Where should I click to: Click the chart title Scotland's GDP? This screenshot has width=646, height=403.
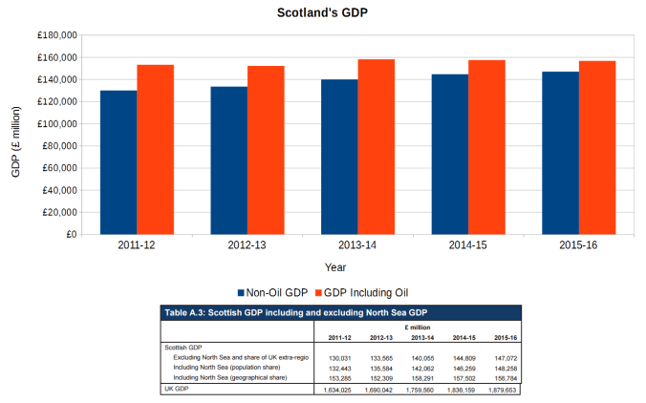point(322,13)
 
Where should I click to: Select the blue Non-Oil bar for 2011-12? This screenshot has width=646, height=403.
point(118,162)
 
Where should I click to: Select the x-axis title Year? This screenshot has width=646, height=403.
point(335,266)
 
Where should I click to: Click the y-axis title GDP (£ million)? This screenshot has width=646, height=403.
point(15,135)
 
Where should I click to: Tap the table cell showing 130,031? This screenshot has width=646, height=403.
point(339,357)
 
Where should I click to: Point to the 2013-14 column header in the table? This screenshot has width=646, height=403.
point(420,337)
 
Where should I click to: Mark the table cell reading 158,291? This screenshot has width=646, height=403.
point(421,378)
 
